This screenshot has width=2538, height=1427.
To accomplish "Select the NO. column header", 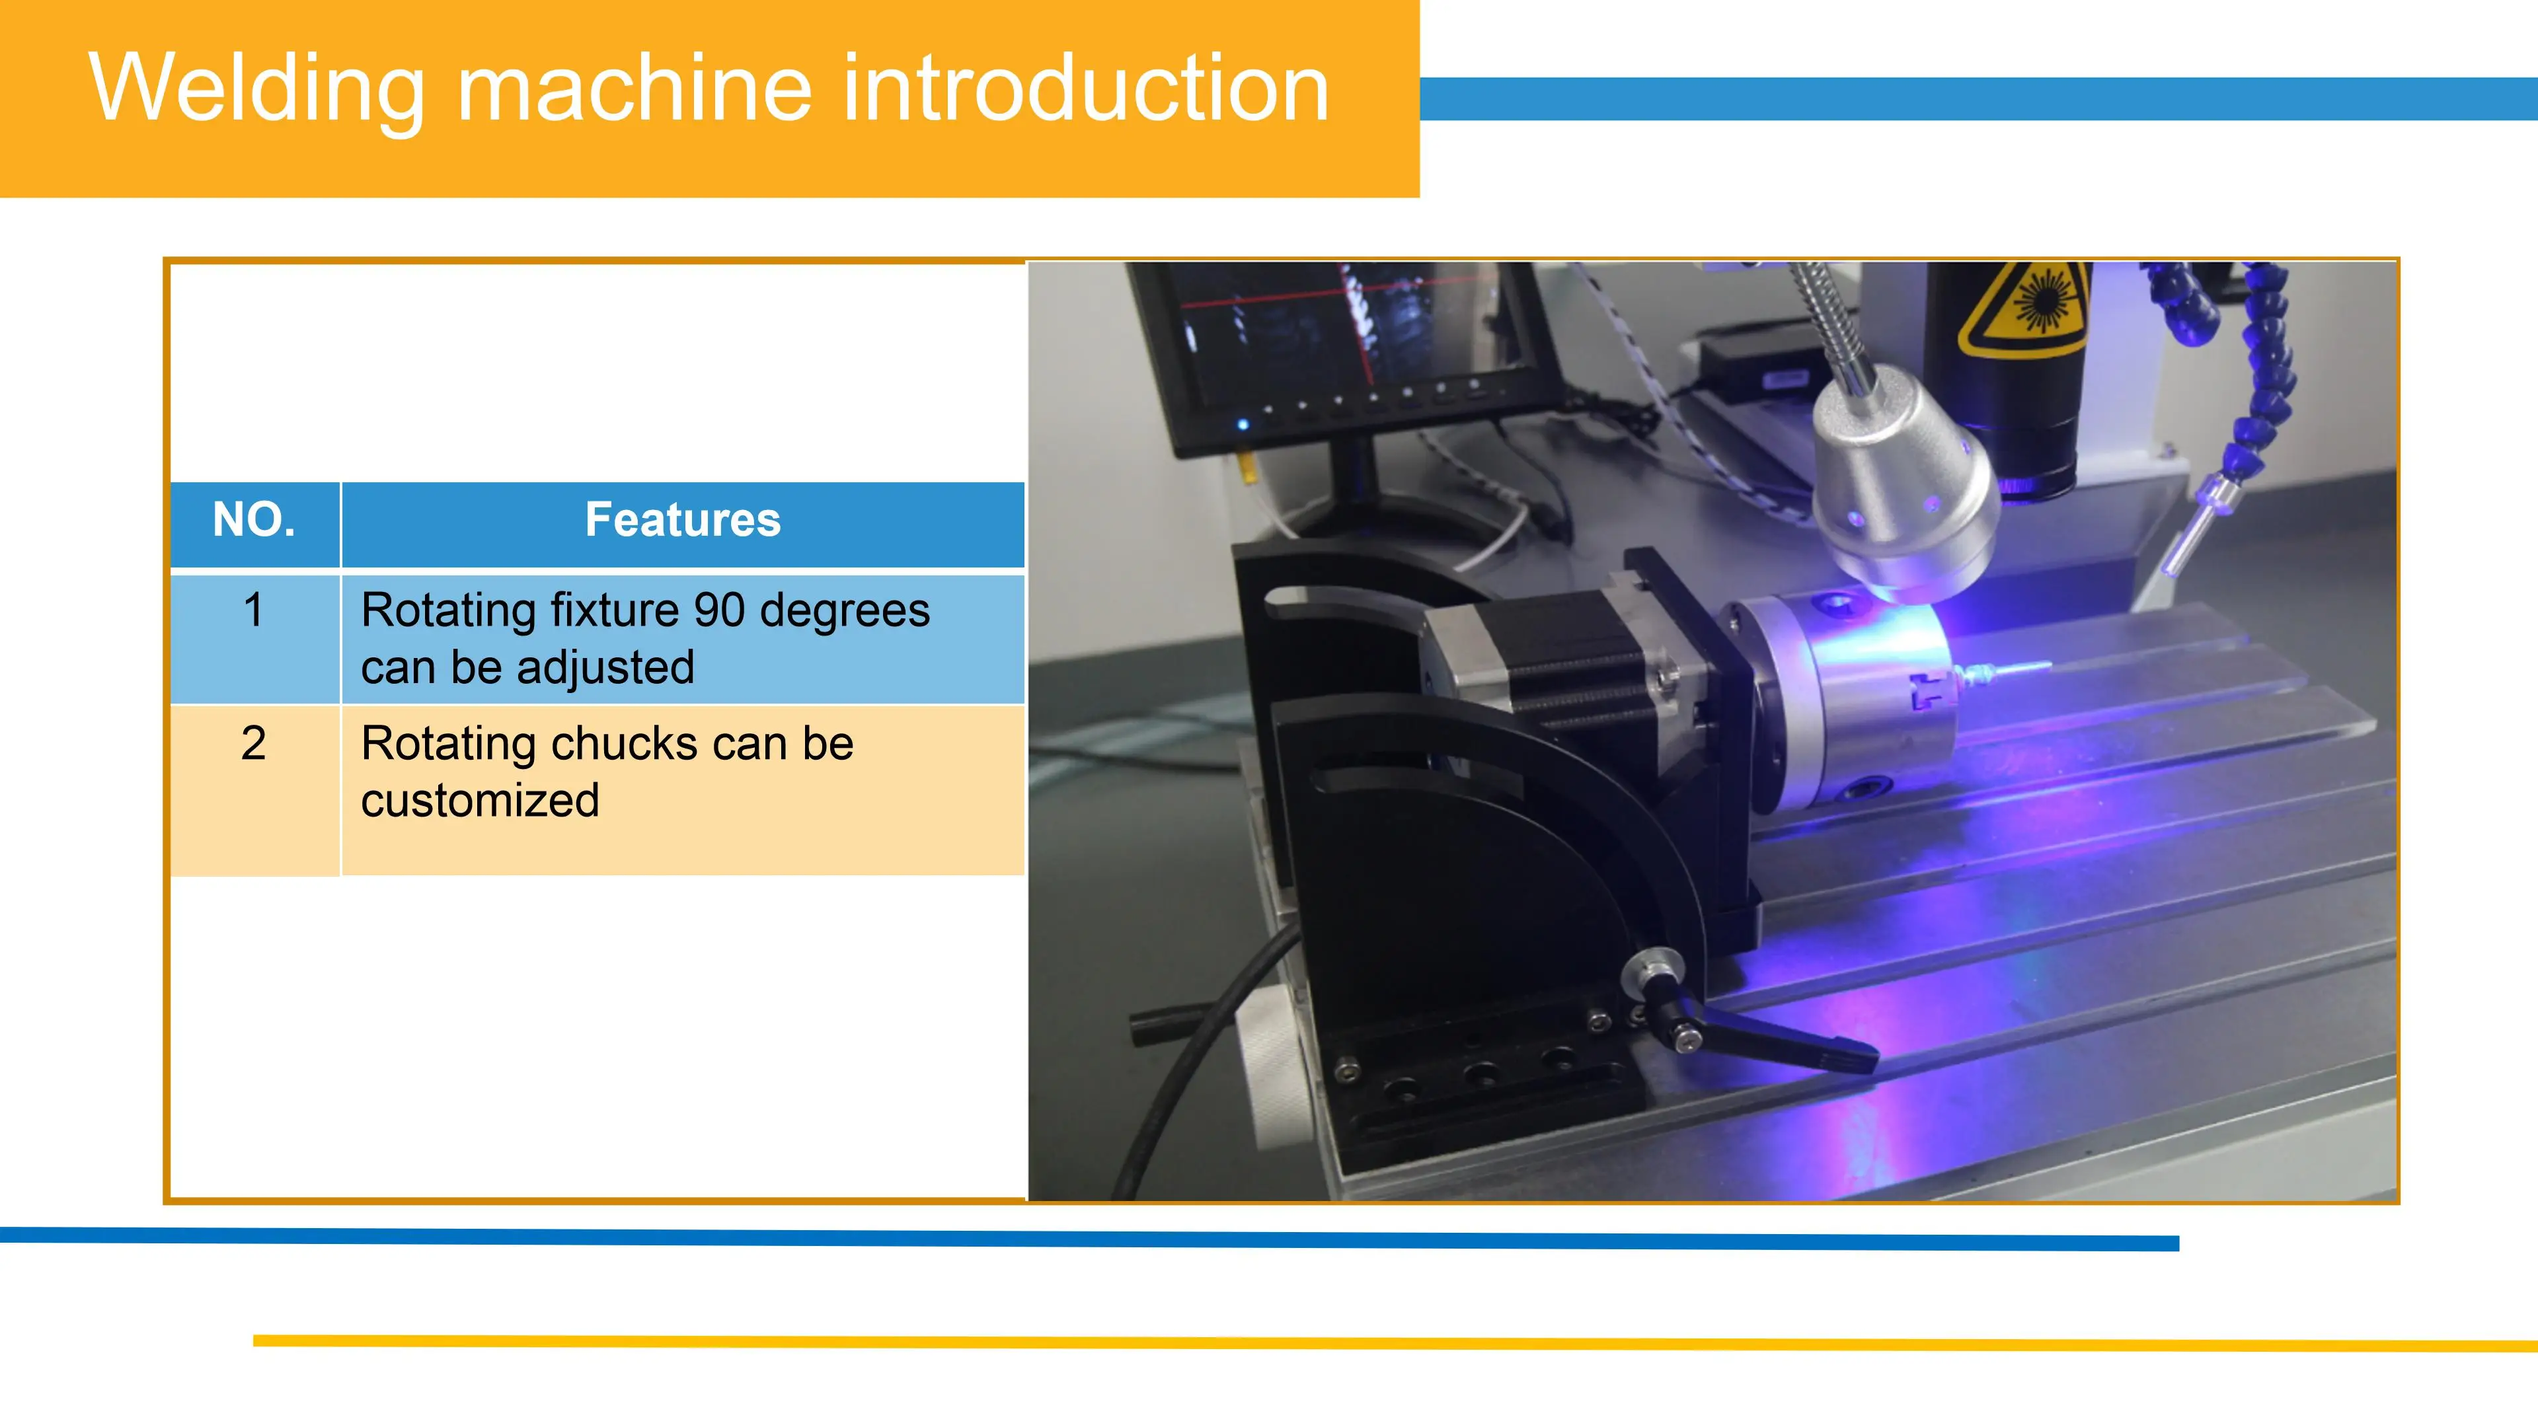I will (254, 520).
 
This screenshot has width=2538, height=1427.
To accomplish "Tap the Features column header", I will (683, 520).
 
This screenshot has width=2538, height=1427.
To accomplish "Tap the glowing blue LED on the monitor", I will (1243, 424).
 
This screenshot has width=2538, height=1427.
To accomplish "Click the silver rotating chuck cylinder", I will (1843, 699).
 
